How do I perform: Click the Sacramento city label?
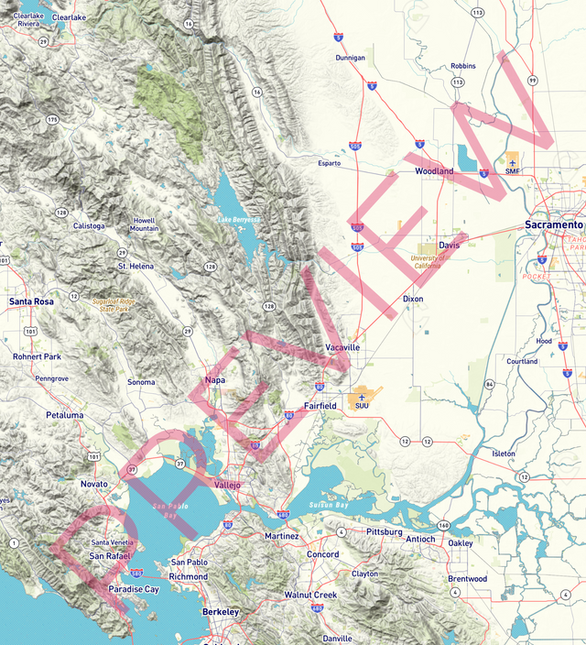(x=554, y=224)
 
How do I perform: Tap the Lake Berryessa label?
(x=238, y=220)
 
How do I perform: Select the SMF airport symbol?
(x=512, y=163)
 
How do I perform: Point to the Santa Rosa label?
(x=31, y=301)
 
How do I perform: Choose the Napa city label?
(x=215, y=379)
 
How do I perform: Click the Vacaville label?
(x=343, y=348)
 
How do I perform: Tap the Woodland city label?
(x=434, y=171)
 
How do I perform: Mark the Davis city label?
(x=449, y=246)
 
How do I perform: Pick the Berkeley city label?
(x=221, y=612)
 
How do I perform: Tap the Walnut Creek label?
(x=310, y=596)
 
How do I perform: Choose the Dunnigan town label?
(x=350, y=57)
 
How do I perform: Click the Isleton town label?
(x=504, y=454)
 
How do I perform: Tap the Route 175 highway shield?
(x=52, y=119)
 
